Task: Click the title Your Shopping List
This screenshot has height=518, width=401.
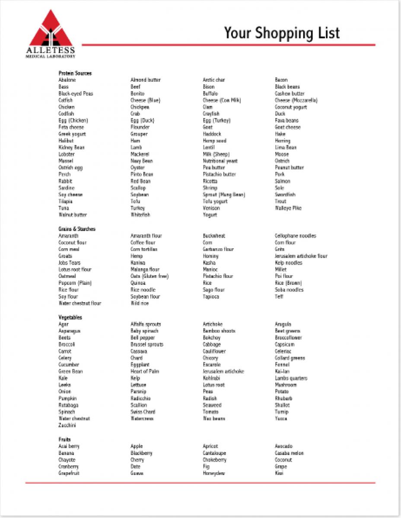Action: (x=282, y=33)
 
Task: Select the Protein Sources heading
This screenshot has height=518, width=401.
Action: (x=75, y=73)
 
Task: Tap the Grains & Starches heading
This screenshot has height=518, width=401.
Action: (x=77, y=229)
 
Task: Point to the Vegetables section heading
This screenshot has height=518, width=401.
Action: (x=70, y=318)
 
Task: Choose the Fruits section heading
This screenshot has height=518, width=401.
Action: (x=64, y=440)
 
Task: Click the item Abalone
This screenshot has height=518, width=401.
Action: (x=67, y=80)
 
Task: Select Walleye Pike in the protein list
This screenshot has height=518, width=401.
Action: (x=288, y=208)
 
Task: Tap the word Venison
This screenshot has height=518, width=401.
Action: (x=212, y=208)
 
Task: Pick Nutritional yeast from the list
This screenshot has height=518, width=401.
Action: (x=220, y=161)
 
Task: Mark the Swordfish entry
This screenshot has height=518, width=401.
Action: (x=285, y=195)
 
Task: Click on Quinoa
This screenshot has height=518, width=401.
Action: (x=138, y=283)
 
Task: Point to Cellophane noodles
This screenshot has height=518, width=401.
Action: (x=295, y=236)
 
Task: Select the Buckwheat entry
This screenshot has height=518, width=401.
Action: (x=214, y=236)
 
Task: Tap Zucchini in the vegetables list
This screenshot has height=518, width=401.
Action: (x=67, y=426)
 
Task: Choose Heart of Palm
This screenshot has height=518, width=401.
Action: (x=145, y=372)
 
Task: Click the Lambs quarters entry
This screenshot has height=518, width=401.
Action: (x=291, y=379)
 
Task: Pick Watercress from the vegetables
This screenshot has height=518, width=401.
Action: (x=142, y=419)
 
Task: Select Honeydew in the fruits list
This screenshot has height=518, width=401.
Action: (x=214, y=474)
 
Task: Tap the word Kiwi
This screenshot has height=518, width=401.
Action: (x=279, y=474)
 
